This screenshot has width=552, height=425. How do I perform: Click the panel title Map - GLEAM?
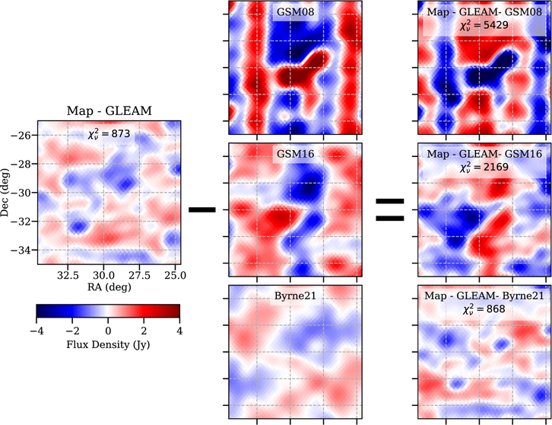click(x=109, y=110)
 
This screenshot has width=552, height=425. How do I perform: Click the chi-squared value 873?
click(x=109, y=134)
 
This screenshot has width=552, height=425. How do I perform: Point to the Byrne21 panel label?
click(x=295, y=296)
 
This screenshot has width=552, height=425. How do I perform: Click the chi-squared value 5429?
click(x=484, y=25)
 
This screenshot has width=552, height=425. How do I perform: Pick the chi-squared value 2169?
click(x=484, y=167)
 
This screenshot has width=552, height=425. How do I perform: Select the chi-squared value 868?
click(x=484, y=309)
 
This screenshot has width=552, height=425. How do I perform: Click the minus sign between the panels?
click(x=202, y=210)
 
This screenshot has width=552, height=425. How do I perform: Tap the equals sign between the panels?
click(x=390, y=210)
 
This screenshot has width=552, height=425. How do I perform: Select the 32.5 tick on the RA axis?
click(x=68, y=275)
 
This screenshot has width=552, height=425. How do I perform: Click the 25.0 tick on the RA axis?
click(x=176, y=275)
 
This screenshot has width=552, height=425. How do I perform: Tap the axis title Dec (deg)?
click(x=5, y=193)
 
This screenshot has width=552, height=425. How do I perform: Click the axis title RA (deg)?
click(x=109, y=287)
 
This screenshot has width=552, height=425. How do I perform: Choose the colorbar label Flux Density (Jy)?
click(x=108, y=344)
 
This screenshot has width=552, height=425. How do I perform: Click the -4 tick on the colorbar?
click(x=36, y=331)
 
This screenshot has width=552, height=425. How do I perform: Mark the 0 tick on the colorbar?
click(x=108, y=331)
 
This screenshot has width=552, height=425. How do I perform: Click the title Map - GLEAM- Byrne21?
click(x=484, y=296)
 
